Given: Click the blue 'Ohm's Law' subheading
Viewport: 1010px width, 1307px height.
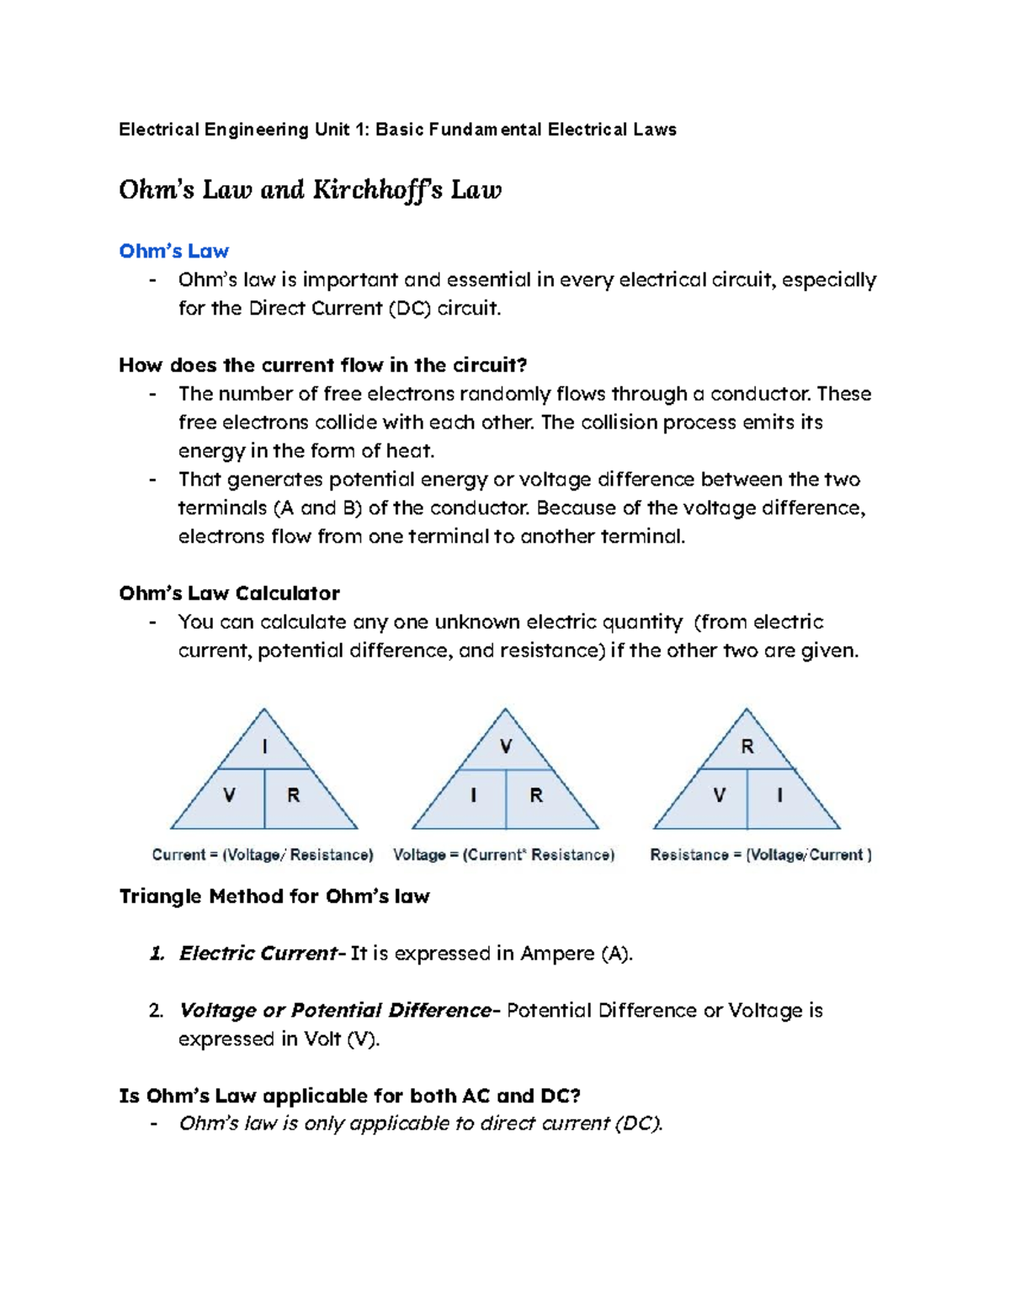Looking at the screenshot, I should tap(173, 251).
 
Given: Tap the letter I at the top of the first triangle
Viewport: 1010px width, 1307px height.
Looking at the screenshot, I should tap(265, 746).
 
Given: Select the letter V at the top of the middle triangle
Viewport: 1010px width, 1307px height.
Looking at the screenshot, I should tap(506, 746).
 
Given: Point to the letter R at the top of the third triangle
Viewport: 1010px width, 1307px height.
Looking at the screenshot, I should tap(747, 746).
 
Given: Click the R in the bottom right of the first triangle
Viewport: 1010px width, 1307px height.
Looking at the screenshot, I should tap(294, 795).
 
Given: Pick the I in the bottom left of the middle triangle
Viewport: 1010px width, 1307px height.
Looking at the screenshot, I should tap(474, 795).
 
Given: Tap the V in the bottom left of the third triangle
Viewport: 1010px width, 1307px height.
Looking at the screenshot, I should tap(719, 795).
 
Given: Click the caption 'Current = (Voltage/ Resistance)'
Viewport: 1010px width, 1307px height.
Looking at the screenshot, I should tap(263, 855).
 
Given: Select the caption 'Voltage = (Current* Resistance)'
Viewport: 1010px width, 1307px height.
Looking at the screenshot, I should tap(503, 855).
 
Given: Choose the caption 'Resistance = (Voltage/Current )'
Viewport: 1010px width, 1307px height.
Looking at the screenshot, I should tap(761, 855).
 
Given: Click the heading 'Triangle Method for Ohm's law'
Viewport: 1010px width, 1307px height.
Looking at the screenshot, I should tap(274, 896).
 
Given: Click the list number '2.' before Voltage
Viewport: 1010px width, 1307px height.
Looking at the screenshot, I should tap(156, 1011).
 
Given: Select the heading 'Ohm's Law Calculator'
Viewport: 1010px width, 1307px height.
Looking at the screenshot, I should tap(229, 593).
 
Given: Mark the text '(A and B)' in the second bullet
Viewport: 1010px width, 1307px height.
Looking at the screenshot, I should tap(318, 508).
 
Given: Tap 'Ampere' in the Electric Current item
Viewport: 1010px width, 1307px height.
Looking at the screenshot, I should tap(557, 954).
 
